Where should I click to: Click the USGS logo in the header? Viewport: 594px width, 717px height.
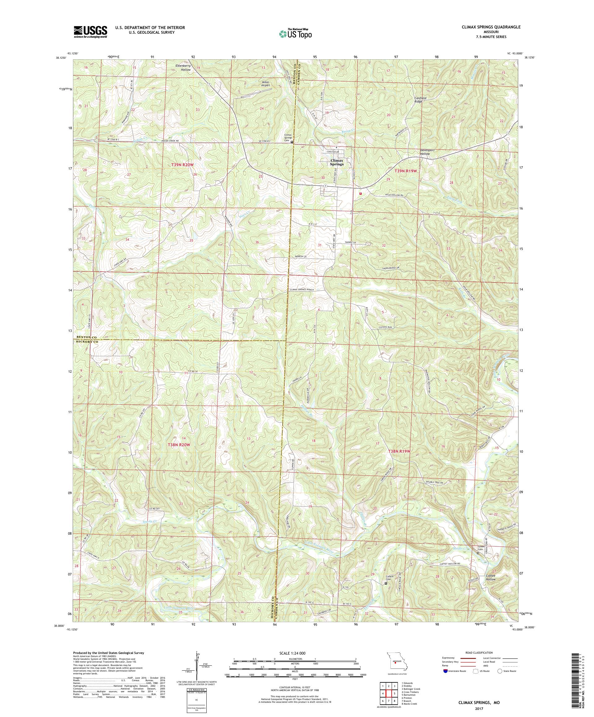pos(90,32)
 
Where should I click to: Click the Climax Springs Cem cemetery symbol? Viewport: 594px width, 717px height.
pos(291,143)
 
